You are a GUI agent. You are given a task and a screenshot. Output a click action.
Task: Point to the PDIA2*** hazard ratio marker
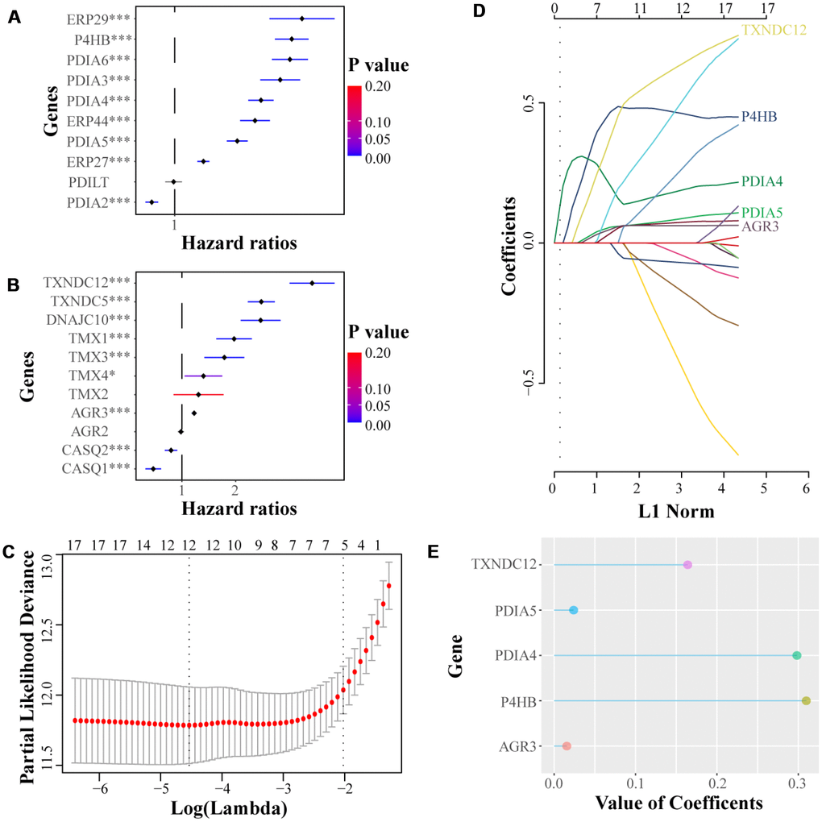click(x=150, y=202)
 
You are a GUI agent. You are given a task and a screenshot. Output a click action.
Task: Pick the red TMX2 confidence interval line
click(x=198, y=394)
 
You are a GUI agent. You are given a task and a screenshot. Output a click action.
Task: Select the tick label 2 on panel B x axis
click(x=235, y=489)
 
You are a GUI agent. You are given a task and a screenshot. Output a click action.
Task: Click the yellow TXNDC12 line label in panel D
click(x=774, y=31)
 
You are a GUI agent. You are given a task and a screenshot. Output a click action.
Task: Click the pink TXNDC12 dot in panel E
click(x=687, y=565)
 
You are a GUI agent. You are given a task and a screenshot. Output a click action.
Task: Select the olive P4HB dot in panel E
click(x=806, y=701)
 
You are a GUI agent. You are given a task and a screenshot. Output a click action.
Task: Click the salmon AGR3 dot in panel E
click(x=567, y=746)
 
